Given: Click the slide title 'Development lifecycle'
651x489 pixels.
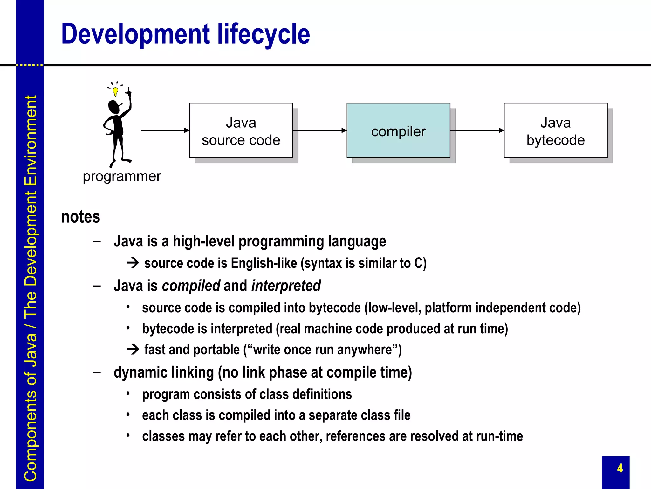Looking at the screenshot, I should [185, 34].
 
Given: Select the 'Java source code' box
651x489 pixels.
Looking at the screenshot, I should [241, 131].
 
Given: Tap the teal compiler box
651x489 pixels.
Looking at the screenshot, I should [398, 131].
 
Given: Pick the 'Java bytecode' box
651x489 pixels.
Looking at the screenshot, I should [556, 131].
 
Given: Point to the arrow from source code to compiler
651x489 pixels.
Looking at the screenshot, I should [319, 130].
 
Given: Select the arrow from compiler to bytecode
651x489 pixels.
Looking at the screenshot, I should [477, 130].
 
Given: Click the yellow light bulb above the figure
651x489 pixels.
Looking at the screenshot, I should [115, 92].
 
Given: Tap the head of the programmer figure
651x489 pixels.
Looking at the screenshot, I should [114, 107].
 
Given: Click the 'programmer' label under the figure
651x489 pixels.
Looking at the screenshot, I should [122, 176].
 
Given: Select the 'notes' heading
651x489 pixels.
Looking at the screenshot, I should [80, 217].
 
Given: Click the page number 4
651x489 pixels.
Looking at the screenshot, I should [620, 468].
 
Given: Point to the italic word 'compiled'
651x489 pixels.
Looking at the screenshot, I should [191, 286].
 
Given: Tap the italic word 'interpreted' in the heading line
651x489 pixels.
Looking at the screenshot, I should [286, 286].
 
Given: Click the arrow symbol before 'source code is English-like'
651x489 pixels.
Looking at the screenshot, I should [133, 263].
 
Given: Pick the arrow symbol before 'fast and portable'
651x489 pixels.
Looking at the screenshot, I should [133, 350].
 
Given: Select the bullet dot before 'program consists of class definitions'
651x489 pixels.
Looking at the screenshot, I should [128, 394].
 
